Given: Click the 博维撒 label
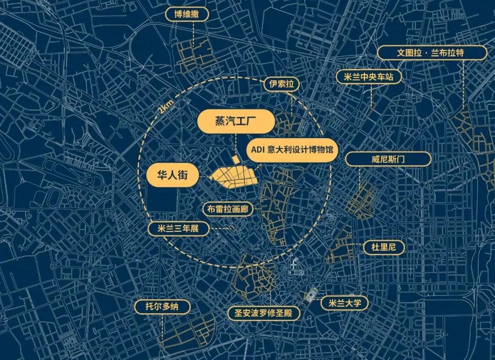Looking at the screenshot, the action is [x=187, y=15].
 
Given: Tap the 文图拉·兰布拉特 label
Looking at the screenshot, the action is [x=432, y=53].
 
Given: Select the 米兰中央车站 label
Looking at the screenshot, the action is [x=368, y=77].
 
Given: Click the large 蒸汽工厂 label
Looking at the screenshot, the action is [x=236, y=123].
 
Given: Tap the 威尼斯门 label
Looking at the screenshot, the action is [x=388, y=159].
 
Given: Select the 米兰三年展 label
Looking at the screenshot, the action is [x=179, y=229].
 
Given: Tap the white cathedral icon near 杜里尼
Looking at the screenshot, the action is [x=294, y=266].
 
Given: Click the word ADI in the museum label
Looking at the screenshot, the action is [x=258, y=150].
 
